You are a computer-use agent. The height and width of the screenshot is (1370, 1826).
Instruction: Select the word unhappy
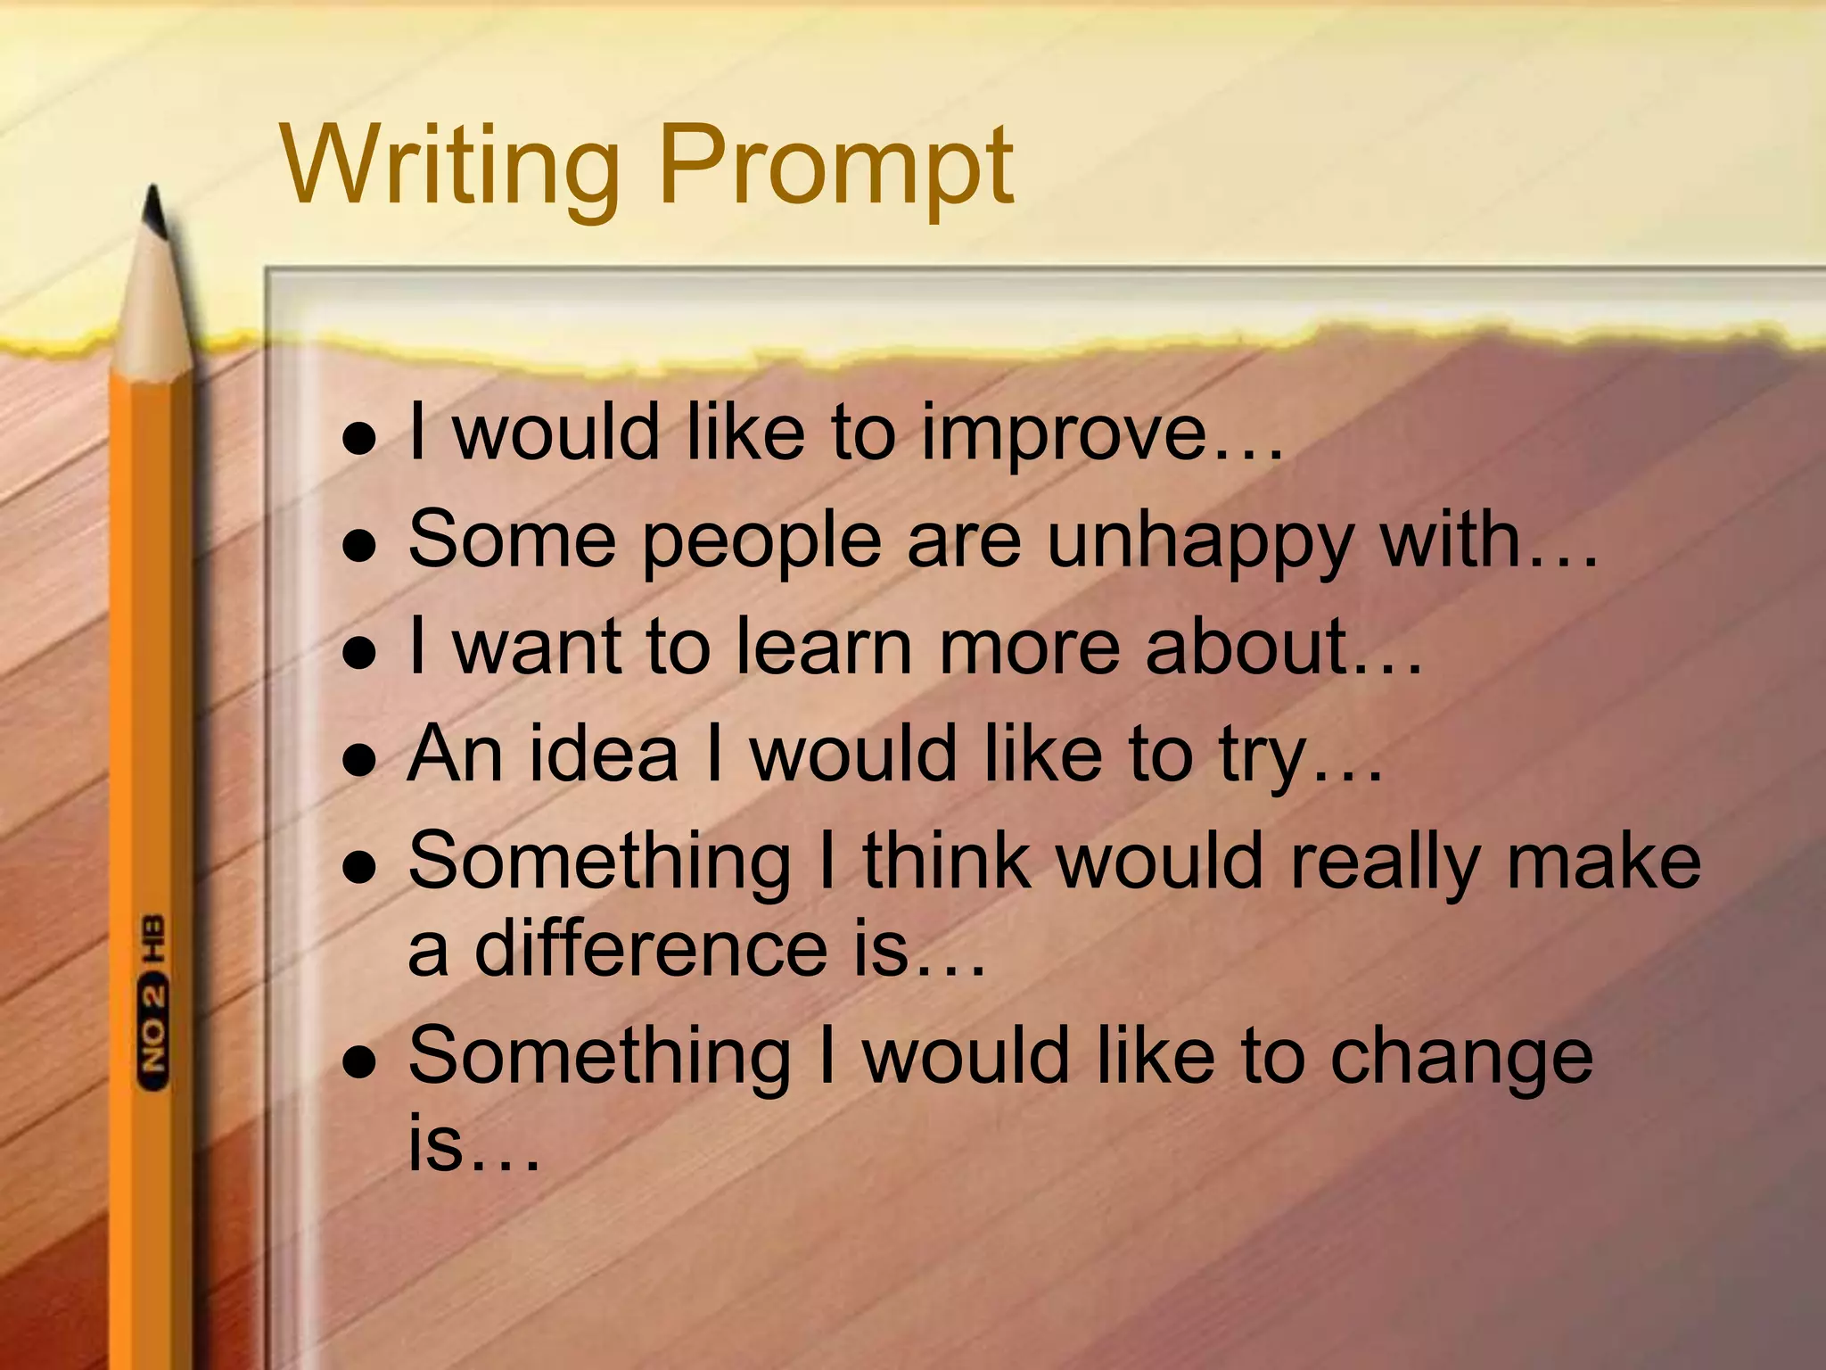pyautogui.click(x=1200, y=542)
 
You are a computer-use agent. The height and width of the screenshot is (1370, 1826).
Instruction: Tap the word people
pyautogui.click(x=762, y=542)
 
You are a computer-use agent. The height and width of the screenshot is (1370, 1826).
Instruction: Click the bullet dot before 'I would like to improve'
pyautogui.click(x=359, y=440)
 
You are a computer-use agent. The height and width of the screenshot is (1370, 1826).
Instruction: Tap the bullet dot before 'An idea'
pyautogui.click(x=359, y=761)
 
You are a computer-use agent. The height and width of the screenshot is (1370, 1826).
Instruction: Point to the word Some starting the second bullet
pyautogui.click(x=512, y=541)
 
